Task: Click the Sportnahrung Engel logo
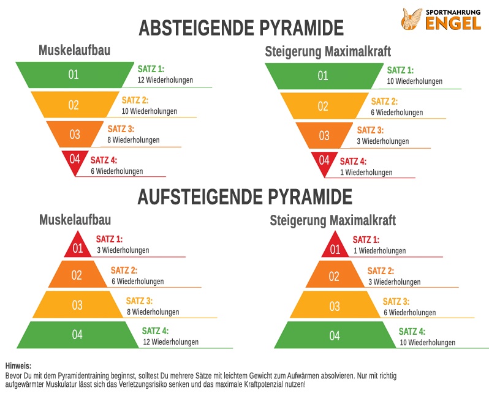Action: [442, 19]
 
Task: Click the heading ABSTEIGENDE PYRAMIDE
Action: [241, 28]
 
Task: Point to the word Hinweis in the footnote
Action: [18, 365]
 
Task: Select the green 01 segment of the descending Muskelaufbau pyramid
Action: [74, 75]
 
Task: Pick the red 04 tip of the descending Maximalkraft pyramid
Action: [324, 161]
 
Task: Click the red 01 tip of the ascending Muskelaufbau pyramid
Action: [78, 248]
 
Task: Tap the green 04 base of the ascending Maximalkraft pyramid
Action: [335, 335]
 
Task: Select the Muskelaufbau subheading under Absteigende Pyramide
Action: [75, 50]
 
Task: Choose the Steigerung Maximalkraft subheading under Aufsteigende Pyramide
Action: [333, 220]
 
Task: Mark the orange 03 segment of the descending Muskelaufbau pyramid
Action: [75, 134]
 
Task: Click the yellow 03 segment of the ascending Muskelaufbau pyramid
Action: [77, 304]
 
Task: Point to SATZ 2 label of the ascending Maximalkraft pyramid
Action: [381, 271]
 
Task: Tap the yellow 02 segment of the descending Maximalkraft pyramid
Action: [323, 105]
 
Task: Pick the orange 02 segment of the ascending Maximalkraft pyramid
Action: [334, 276]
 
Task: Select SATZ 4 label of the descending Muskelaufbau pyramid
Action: [104, 160]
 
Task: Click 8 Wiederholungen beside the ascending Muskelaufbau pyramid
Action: [153, 312]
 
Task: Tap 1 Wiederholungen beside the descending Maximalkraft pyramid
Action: [366, 173]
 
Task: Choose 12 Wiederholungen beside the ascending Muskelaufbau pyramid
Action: [170, 342]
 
